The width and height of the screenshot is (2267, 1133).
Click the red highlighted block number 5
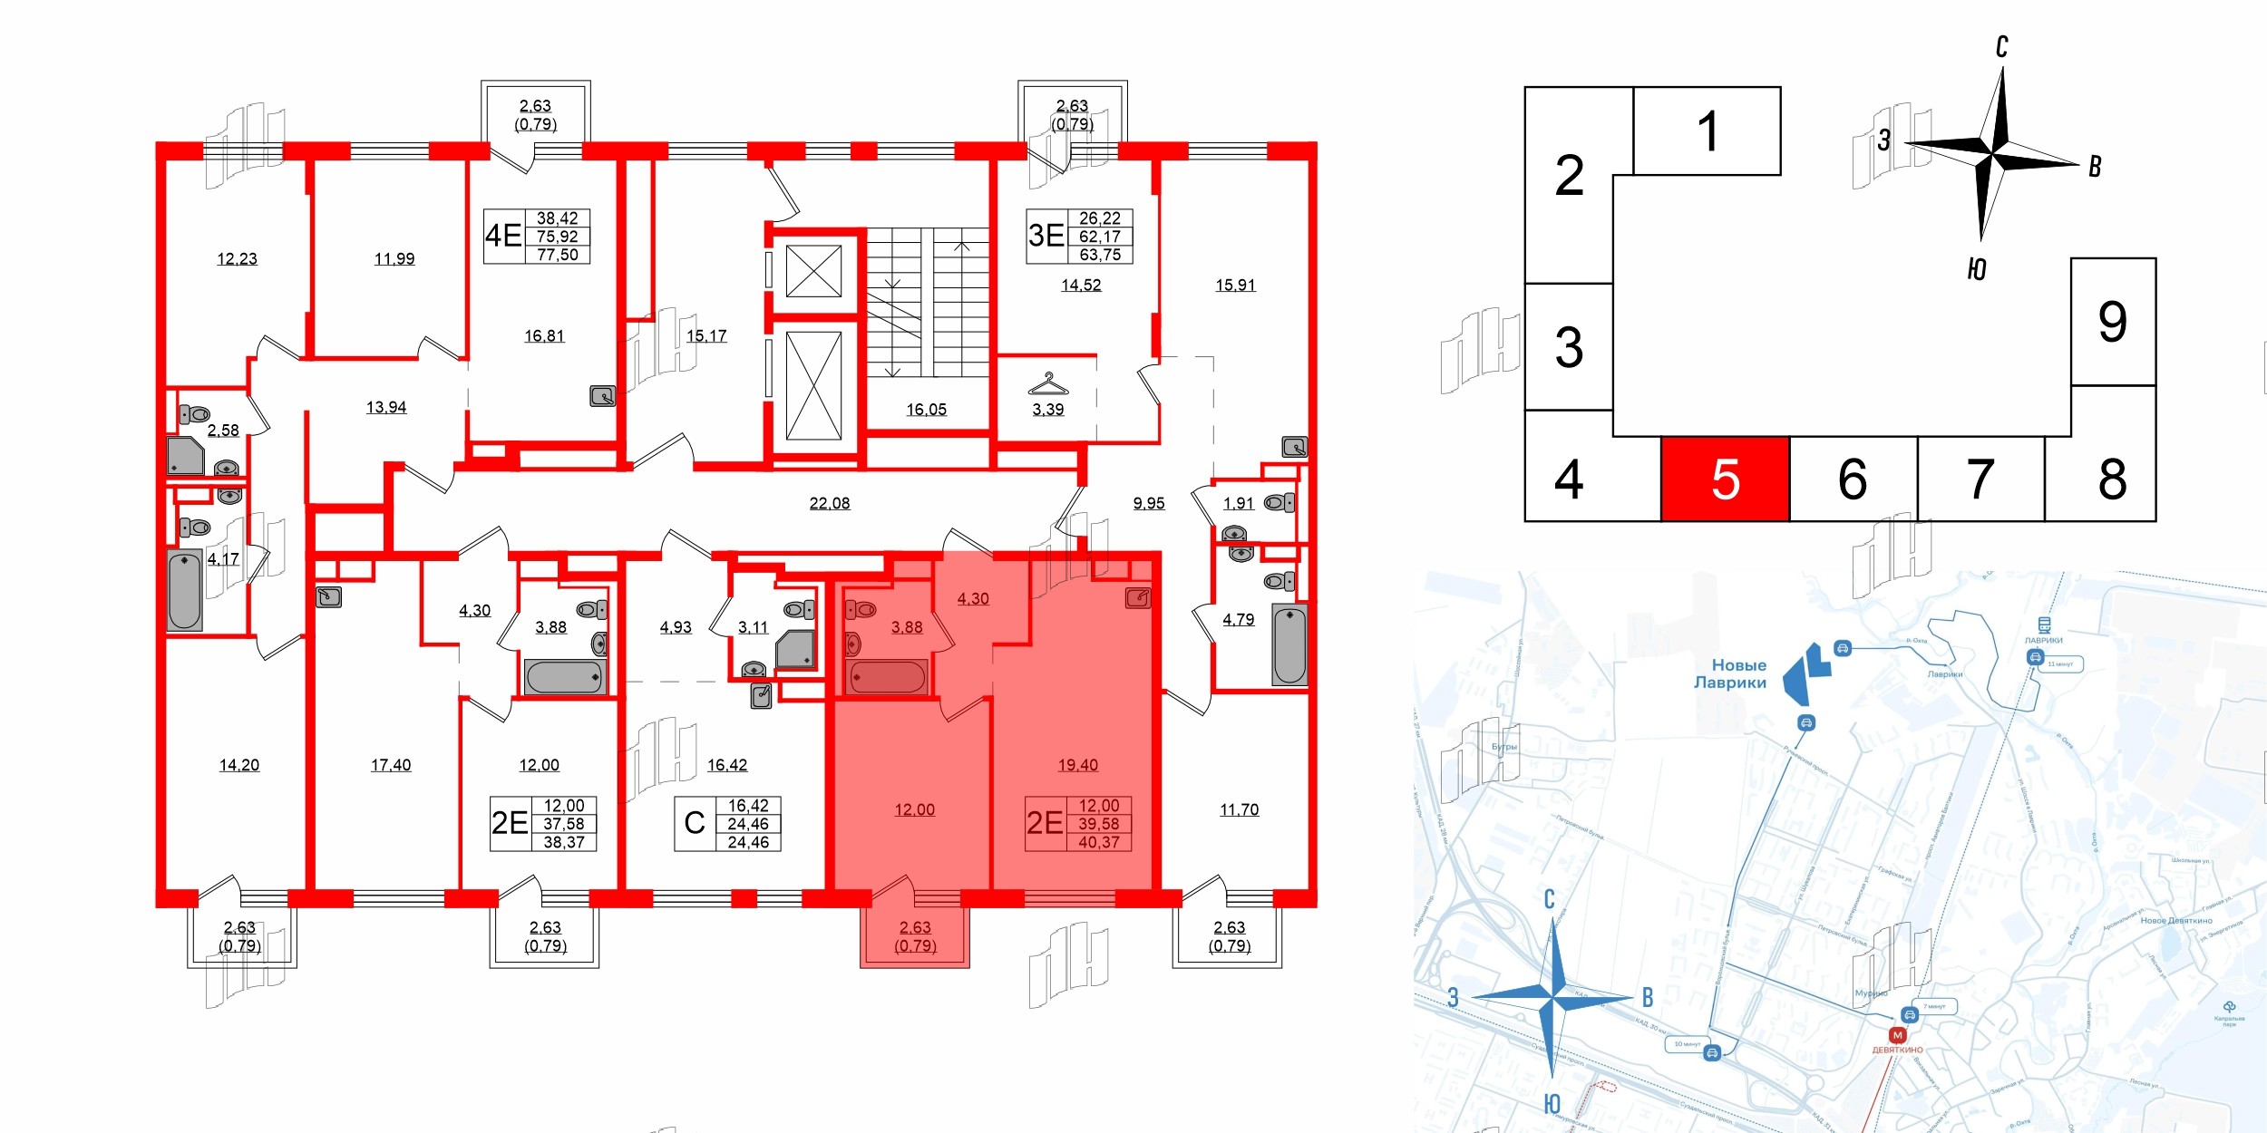1725,479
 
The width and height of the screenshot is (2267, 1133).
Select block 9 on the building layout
2112,322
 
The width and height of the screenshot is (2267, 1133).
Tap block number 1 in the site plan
1707,131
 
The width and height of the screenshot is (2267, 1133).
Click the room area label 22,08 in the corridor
830,503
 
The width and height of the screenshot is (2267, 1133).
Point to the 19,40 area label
1077,765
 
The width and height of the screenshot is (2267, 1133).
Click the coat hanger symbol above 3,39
1047,384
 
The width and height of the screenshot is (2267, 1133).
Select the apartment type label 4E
503,236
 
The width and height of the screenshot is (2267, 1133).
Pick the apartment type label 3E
1046,236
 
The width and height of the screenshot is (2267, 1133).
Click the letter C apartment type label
695,823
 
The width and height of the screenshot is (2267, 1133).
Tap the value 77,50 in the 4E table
557,255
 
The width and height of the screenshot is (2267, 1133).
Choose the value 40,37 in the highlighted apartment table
1098,842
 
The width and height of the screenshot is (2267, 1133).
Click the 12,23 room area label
237,259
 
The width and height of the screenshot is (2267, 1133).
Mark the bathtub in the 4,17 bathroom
184,590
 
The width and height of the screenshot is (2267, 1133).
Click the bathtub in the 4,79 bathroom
1289,645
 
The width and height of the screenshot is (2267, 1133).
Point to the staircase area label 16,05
926,410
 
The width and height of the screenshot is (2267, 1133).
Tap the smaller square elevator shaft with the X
813,271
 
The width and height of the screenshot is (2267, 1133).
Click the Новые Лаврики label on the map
1730,673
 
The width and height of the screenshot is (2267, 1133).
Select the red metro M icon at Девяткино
1897,1035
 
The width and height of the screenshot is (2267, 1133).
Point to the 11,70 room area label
1239,809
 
